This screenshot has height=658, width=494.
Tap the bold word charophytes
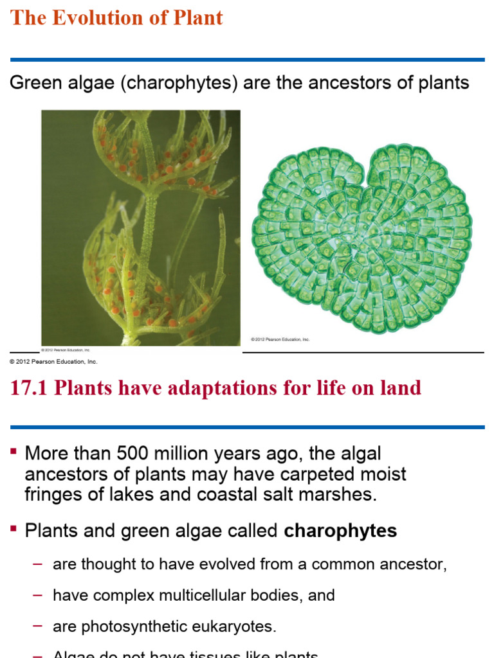click(340, 531)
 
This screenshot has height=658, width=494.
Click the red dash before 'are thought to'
click(37, 564)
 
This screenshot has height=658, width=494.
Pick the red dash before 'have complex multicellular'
click(37, 595)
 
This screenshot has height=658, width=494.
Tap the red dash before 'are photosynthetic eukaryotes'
click(37, 626)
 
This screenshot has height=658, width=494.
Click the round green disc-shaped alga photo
click(362, 238)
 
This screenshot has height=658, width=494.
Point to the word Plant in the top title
click(197, 17)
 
